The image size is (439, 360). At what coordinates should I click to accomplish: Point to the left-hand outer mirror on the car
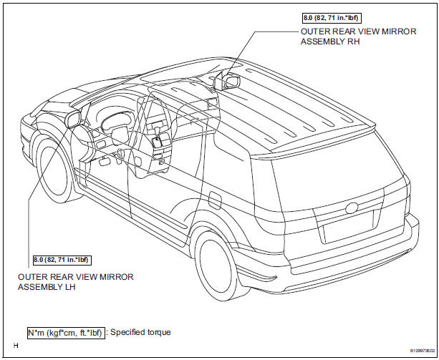[72, 119]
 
